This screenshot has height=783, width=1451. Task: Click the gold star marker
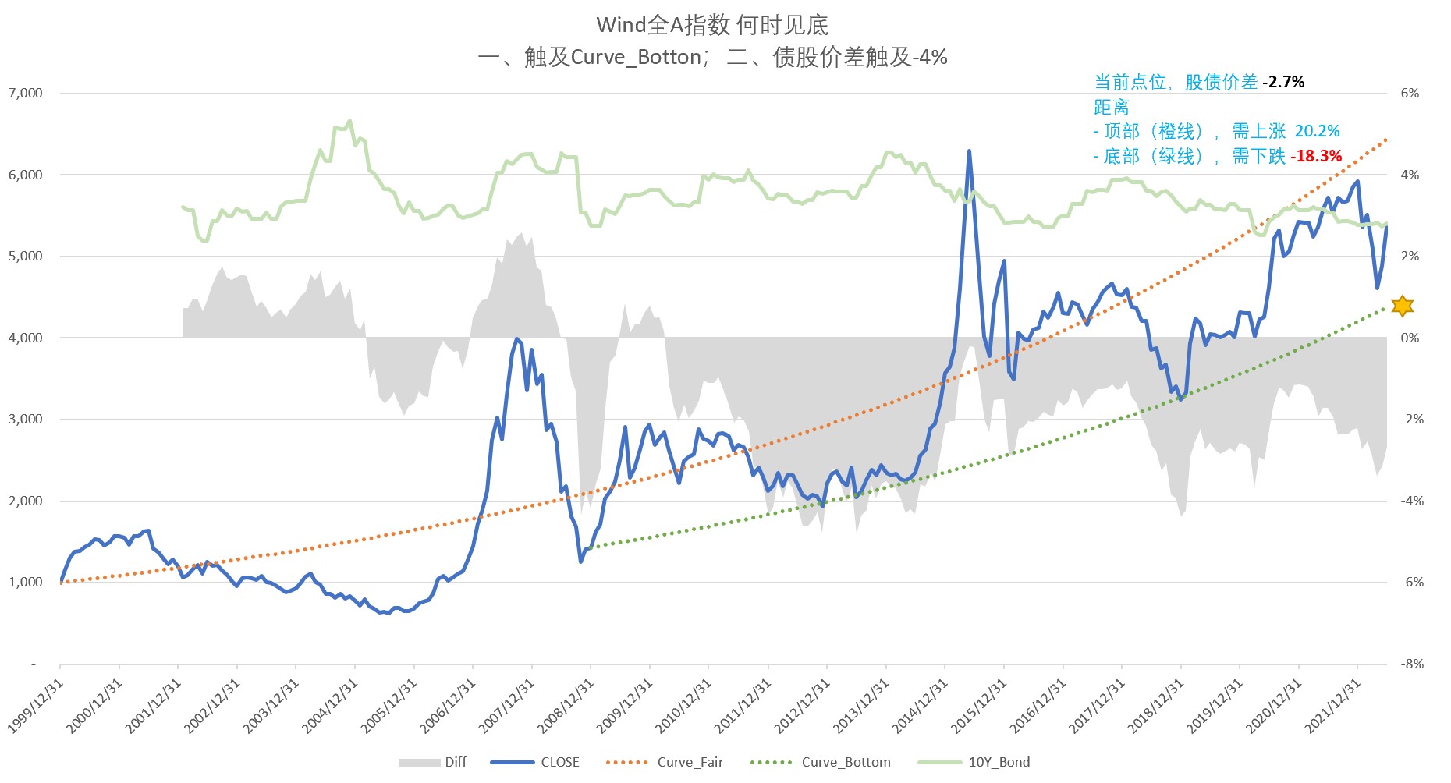click(x=1402, y=306)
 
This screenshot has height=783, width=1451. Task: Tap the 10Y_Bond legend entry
click(x=974, y=762)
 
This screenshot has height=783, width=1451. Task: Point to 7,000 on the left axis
click(x=26, y=94)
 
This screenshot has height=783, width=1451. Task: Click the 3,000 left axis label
click(x=26, y=420)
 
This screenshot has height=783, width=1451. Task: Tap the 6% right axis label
click(x=1410, y=94)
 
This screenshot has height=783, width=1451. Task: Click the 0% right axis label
click(x=1410, y=338)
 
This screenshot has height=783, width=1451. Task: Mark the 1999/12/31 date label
click(x=36, y=705)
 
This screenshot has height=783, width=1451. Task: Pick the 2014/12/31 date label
click(x=921, y=705)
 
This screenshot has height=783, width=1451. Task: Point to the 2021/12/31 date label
click(x=1333, y=705)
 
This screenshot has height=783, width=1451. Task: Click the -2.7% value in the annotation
click(x=1283, y=82)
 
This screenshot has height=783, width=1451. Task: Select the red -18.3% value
click(x=1316, y=156)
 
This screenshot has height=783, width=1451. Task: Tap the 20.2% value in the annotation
click(x=1318, y=131)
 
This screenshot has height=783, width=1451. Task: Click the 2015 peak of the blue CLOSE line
click(x=969, y=151)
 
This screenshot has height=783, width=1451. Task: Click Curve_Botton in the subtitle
click(x=637, y=57)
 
